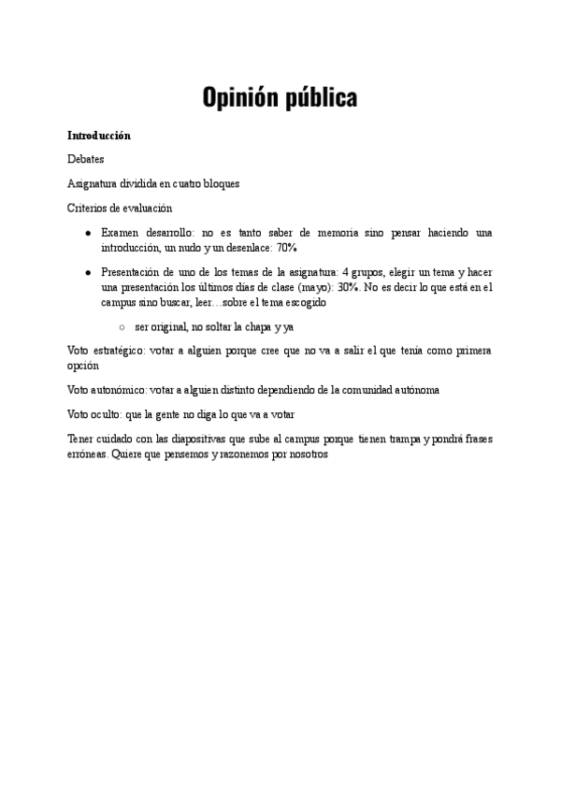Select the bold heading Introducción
pos(99,136)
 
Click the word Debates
pos(86,160)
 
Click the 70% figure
pos(287,248)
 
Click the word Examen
pos(121,232)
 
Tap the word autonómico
pos(118,390)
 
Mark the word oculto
pos(108,414)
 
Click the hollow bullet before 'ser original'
pos(122,327)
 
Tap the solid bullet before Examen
pos(87,232)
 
